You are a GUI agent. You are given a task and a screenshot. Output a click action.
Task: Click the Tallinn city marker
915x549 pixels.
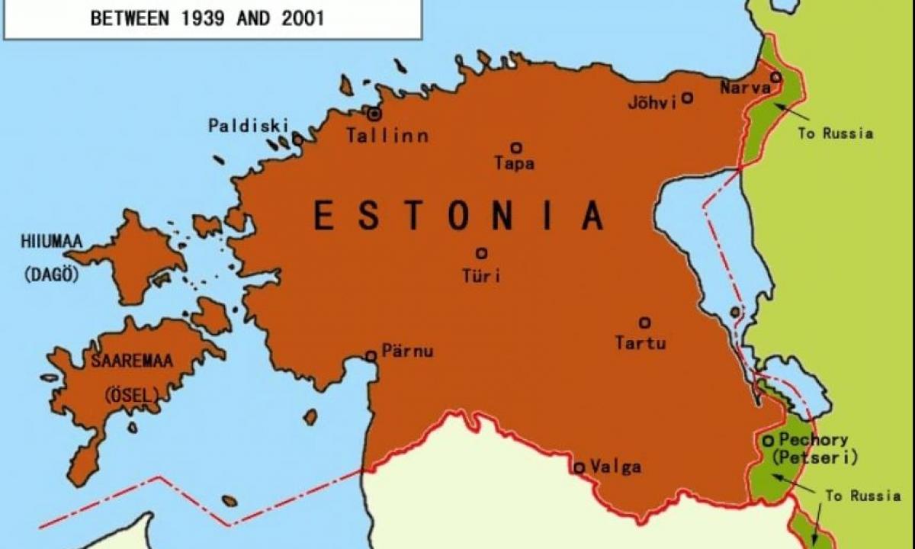tap(374, 114)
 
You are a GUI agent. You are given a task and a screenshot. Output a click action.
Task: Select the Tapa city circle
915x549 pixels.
tap(516, 148)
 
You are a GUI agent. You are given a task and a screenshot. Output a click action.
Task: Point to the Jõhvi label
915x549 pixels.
tap(652, 102)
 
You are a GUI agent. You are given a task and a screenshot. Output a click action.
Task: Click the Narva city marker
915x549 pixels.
tap(775, 77)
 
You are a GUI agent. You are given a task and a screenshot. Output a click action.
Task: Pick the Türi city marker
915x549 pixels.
tap(481, 253)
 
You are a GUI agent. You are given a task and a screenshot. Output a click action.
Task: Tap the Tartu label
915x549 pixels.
tap(640, 343)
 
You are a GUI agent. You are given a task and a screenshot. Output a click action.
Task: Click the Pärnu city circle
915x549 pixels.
tap(371, 355)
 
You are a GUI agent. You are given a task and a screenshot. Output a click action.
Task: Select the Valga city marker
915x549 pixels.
tap(579, 467)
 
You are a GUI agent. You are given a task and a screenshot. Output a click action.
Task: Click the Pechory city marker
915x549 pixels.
tap(768, 440)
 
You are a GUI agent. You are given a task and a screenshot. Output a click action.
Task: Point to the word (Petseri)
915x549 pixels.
tap(814, 458)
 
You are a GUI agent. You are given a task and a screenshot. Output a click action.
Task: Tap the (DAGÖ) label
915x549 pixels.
tap(51, 274)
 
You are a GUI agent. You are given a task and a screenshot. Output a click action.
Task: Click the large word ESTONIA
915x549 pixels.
tap(459, 215)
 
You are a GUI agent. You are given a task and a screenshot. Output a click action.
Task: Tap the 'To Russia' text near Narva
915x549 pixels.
tap(835, 133)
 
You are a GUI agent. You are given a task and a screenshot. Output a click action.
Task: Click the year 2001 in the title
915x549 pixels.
tap(297, 18)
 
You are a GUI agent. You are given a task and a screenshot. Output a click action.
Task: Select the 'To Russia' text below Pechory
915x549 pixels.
tap(862, 496)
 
